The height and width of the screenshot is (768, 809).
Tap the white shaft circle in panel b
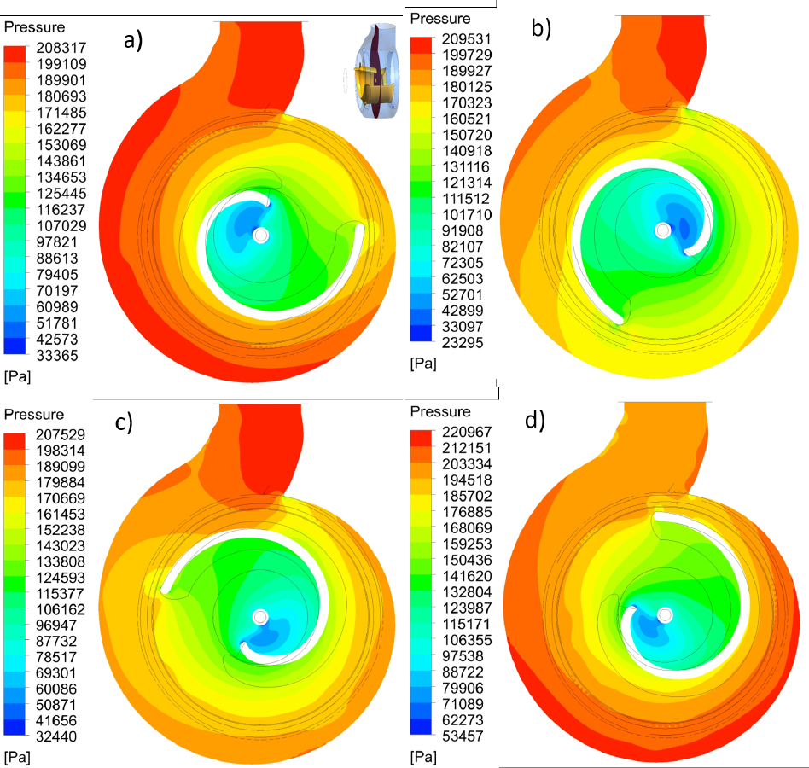point(663,230)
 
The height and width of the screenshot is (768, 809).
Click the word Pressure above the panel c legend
point(34,415)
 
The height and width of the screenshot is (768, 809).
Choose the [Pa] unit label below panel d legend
point(424,755)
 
